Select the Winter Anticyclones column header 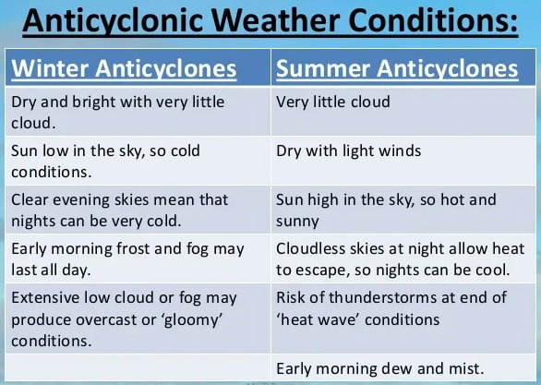(124, 68)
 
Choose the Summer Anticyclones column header (397, 68)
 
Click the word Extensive (45, 297)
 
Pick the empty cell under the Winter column (138, 367)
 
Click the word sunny (297, 222)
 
